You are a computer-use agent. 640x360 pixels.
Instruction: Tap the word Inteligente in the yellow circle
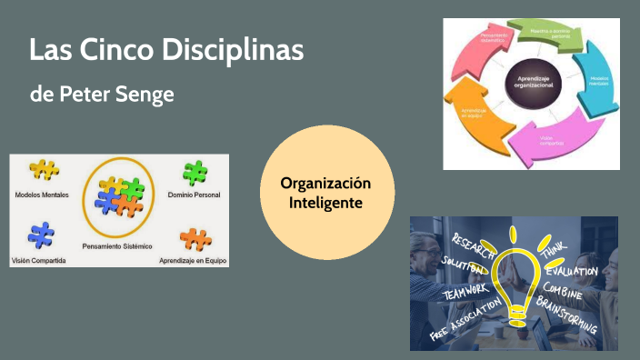tap(325, 202)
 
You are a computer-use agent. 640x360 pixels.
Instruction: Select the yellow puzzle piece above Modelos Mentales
tap(44, 171)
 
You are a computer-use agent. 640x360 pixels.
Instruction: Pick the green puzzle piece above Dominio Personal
tap(195, 172)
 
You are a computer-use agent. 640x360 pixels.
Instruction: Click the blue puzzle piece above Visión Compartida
tap(41, 235)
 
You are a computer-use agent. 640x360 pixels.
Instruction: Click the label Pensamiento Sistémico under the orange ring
tap(116, 247)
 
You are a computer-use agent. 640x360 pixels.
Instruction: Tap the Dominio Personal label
tap(194, 195)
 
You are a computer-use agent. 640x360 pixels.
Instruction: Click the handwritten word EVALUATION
tap(573, 271)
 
